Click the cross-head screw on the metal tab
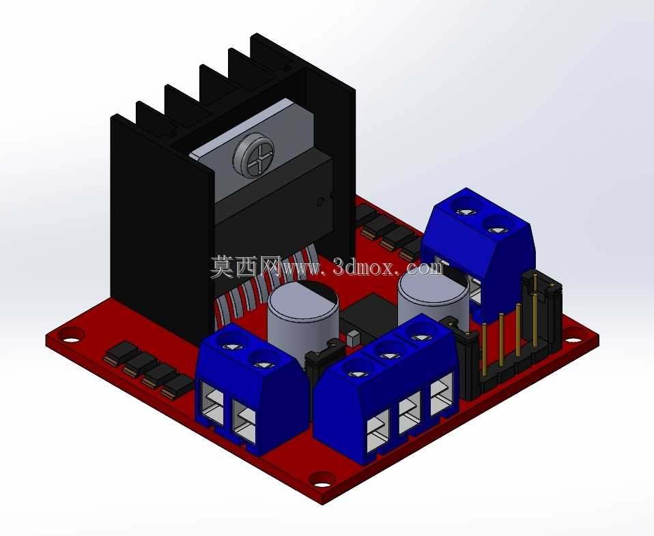(253, 155)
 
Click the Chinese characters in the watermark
(246, 267)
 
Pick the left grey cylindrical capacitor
(303, 317)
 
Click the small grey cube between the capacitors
(352, 338)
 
